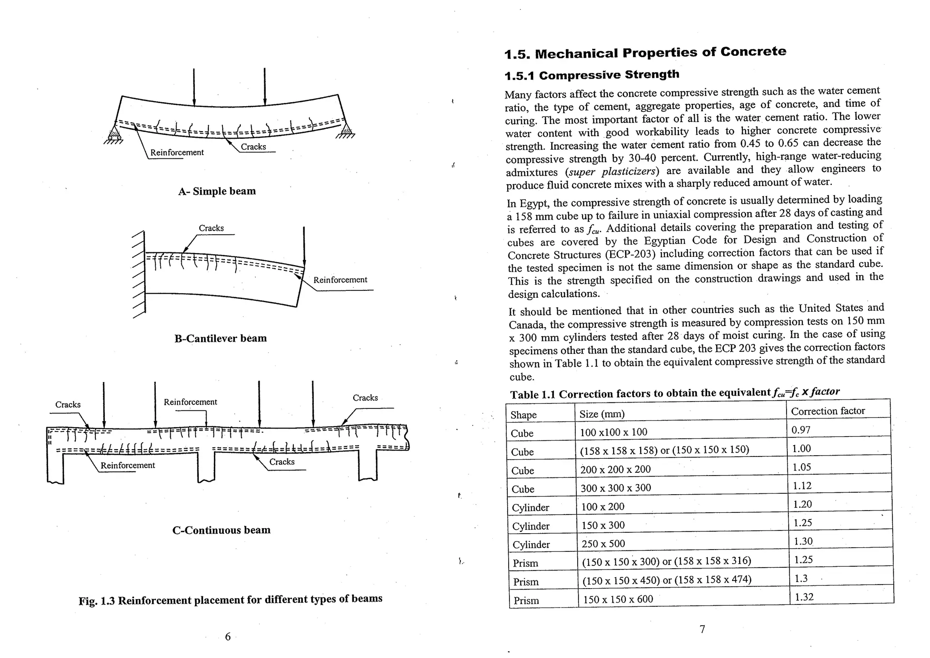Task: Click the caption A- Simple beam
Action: pyautogui.click(x=217, y=191)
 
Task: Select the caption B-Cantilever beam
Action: pyautogui.click(x=220, y=338)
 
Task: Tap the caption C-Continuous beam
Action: pyautogui.click(x=221, y=530)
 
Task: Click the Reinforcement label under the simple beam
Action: pyautogui.click(x=177, y=152)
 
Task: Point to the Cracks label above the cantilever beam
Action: pyautogui.click(x=211, y=228)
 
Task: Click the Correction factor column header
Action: pyautogui.click(x=827, y=411)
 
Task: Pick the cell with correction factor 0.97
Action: pyautogui.click(x=801, y=430)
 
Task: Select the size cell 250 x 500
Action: pyautogui.click(x=603, y=544)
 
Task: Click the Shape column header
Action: pyautogui.click(x=523, y=415)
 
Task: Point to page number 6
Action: pyautogui.click(x=228, y=637)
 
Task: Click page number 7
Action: pyautogui.click(x=702, y=629)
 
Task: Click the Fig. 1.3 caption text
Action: pyautogui.click(x=230, y=600)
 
